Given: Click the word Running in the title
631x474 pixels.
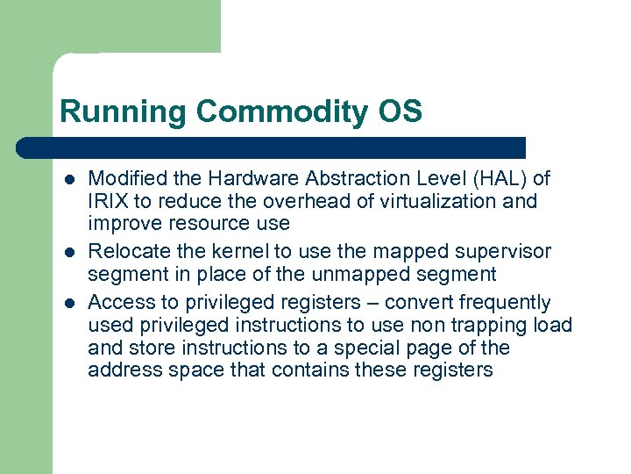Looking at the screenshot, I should tap(124, 112).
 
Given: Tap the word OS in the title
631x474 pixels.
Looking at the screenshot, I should tap(401, 112).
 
